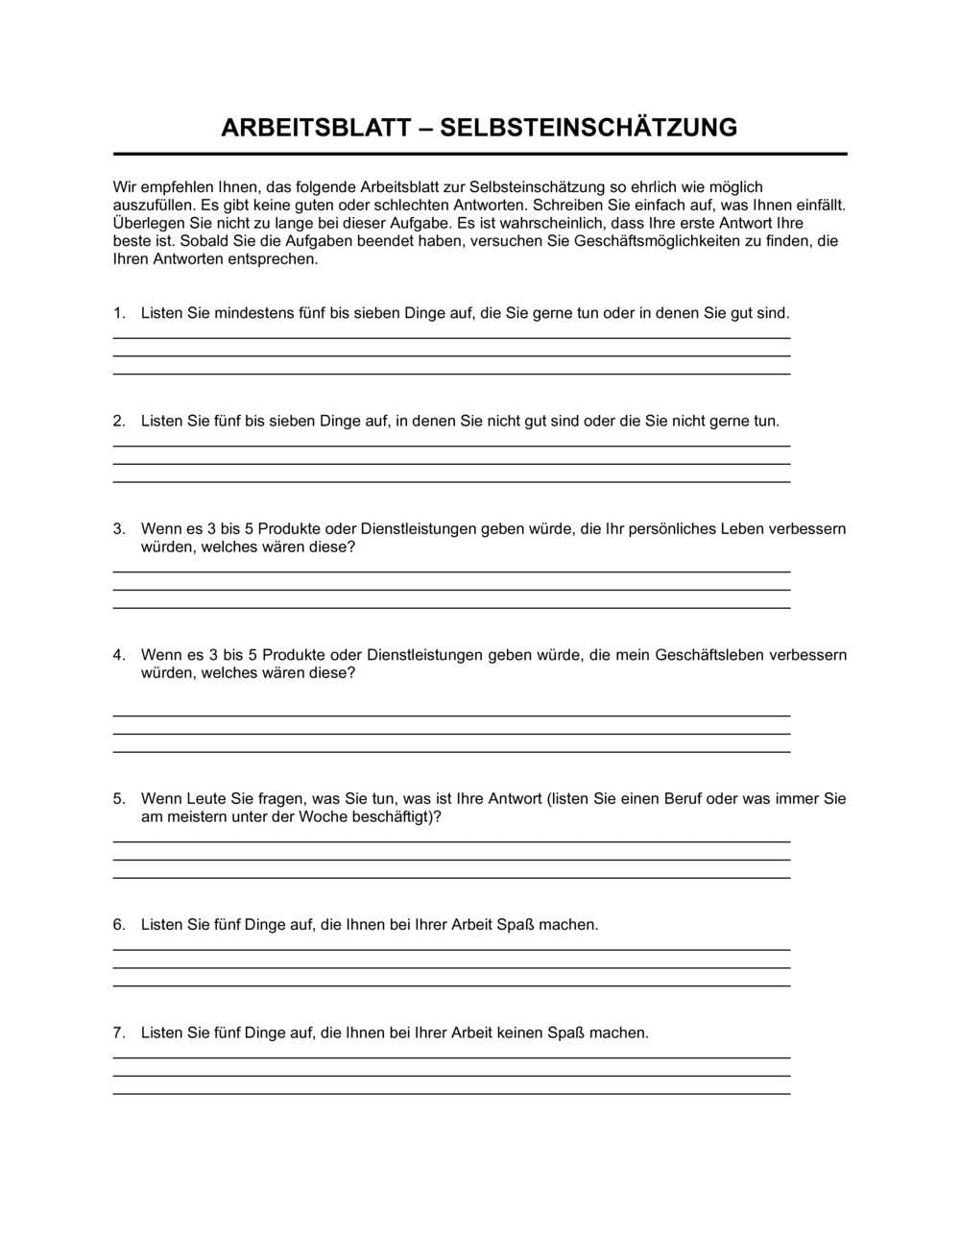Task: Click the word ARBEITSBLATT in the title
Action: point(316,128)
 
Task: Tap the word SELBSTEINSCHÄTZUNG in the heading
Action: point(588,128)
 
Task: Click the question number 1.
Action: point(118,313)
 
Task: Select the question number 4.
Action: point(118,655)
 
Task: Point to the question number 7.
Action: point(118,1033)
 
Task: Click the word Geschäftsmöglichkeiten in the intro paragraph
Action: point(655,241)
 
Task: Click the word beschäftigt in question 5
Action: point(396,817)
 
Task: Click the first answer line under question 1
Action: point(451,338)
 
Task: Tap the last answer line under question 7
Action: point(451,1094)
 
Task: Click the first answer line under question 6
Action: point(451,950)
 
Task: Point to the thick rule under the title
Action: point(480,154)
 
